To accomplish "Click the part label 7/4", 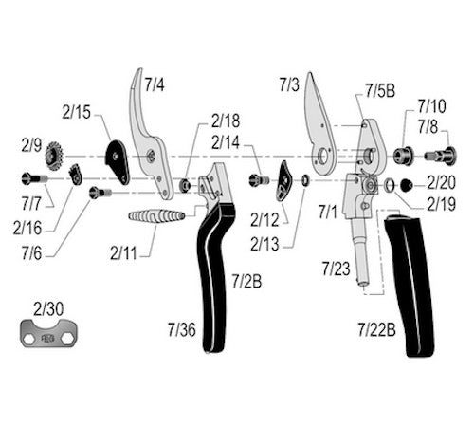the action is (x=155, y=84).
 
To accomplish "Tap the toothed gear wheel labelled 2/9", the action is (x=54, y=156).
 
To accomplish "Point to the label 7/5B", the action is (x=380, y=91).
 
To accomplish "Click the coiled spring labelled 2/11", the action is (x=156, y=216).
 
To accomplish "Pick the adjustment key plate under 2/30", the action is (x=50, y=333).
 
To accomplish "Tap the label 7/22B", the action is (x=376, y=329).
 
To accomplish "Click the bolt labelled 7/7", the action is (x=34, y=179).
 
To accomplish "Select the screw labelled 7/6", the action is (x=100, y=193).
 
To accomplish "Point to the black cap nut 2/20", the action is (x=406, y=185).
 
